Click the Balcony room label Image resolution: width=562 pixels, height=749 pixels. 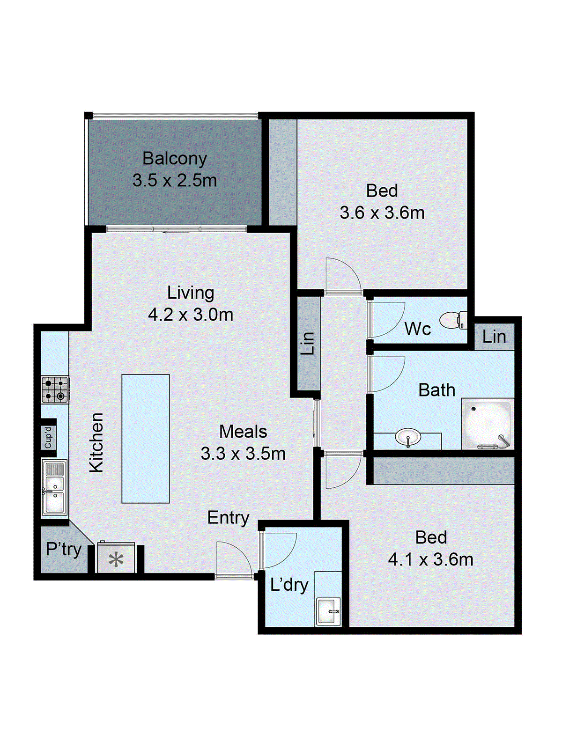[x=174, y=159]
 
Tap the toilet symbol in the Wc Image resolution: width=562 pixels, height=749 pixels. [x=451, y=321]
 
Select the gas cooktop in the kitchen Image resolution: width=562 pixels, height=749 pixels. [x=55, y=389]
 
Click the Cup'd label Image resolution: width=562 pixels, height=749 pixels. [x=48, y=437]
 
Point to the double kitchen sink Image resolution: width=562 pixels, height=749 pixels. [x=54, y=487]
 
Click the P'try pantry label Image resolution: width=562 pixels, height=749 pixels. [x=63, y=549]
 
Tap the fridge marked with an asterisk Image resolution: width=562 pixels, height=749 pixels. [x=116, y=558]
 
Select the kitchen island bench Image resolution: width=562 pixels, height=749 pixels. [x=146, y=439]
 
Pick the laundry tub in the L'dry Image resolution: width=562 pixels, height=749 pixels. [x=327, y=611]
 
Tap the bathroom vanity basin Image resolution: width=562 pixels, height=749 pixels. [x=408, y=438]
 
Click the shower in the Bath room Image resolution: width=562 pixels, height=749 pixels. [x=487, y=424]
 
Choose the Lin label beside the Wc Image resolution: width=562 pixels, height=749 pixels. [x=494, y=337]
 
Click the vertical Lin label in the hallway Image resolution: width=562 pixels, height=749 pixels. [x=307, y=343]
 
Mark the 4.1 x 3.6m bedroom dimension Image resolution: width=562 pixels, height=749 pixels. [x=430, y=559]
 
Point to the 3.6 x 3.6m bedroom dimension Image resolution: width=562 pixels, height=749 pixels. [x=382, y=213]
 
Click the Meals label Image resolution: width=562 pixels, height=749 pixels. [x=243, y=432]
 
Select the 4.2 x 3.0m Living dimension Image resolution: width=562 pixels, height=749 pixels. [x=191, y=315]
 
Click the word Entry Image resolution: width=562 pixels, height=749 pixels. [x=228, y=518]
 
